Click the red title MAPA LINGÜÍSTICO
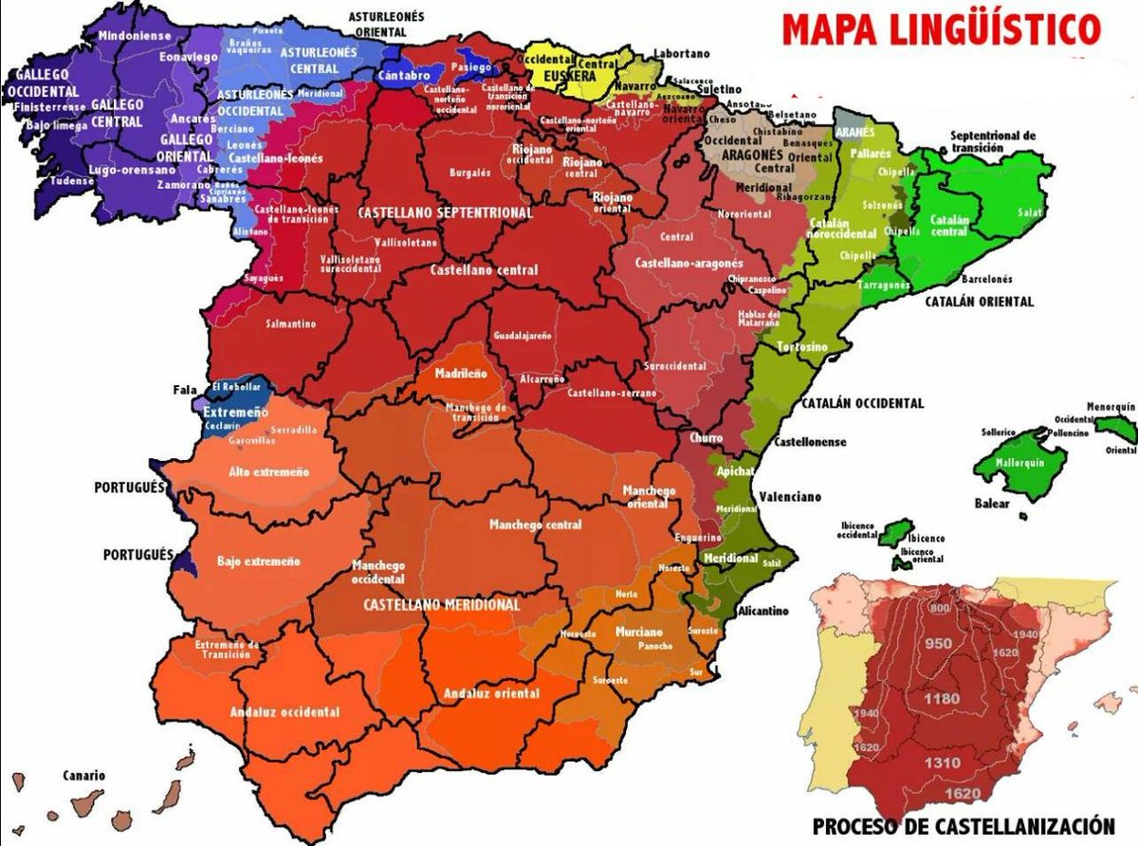(941, 29)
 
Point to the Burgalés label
(471, 174)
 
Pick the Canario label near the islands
(85, 775)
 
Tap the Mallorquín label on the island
(1019, 463)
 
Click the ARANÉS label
(855, 133)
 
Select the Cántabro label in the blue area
(409, 75)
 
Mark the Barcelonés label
(987, 280)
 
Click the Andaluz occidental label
(284, 712)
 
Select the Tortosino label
(801, 347)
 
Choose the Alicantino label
(763, 612)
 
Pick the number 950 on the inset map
(938, 644)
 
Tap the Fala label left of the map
(185, 389)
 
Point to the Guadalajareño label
(522, 337)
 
